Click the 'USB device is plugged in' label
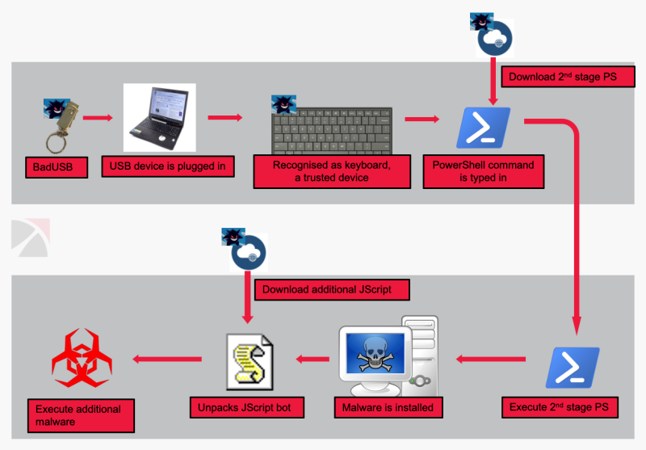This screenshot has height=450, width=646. (x=168, y=167)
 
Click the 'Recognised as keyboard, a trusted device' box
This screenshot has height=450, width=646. (x=331, y=171)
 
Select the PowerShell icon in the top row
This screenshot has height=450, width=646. (x=483, y=127)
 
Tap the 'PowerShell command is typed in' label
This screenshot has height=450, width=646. (x=483, y=171)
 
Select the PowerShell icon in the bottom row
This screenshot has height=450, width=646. (x=573, y=368)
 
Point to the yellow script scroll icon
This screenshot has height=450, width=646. (x=250, y=360)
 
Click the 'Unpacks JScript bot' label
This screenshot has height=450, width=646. (x=245, y=407)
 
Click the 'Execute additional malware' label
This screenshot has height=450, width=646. (x=78, y=415)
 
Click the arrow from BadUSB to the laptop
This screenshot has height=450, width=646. (x=99, y=118)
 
